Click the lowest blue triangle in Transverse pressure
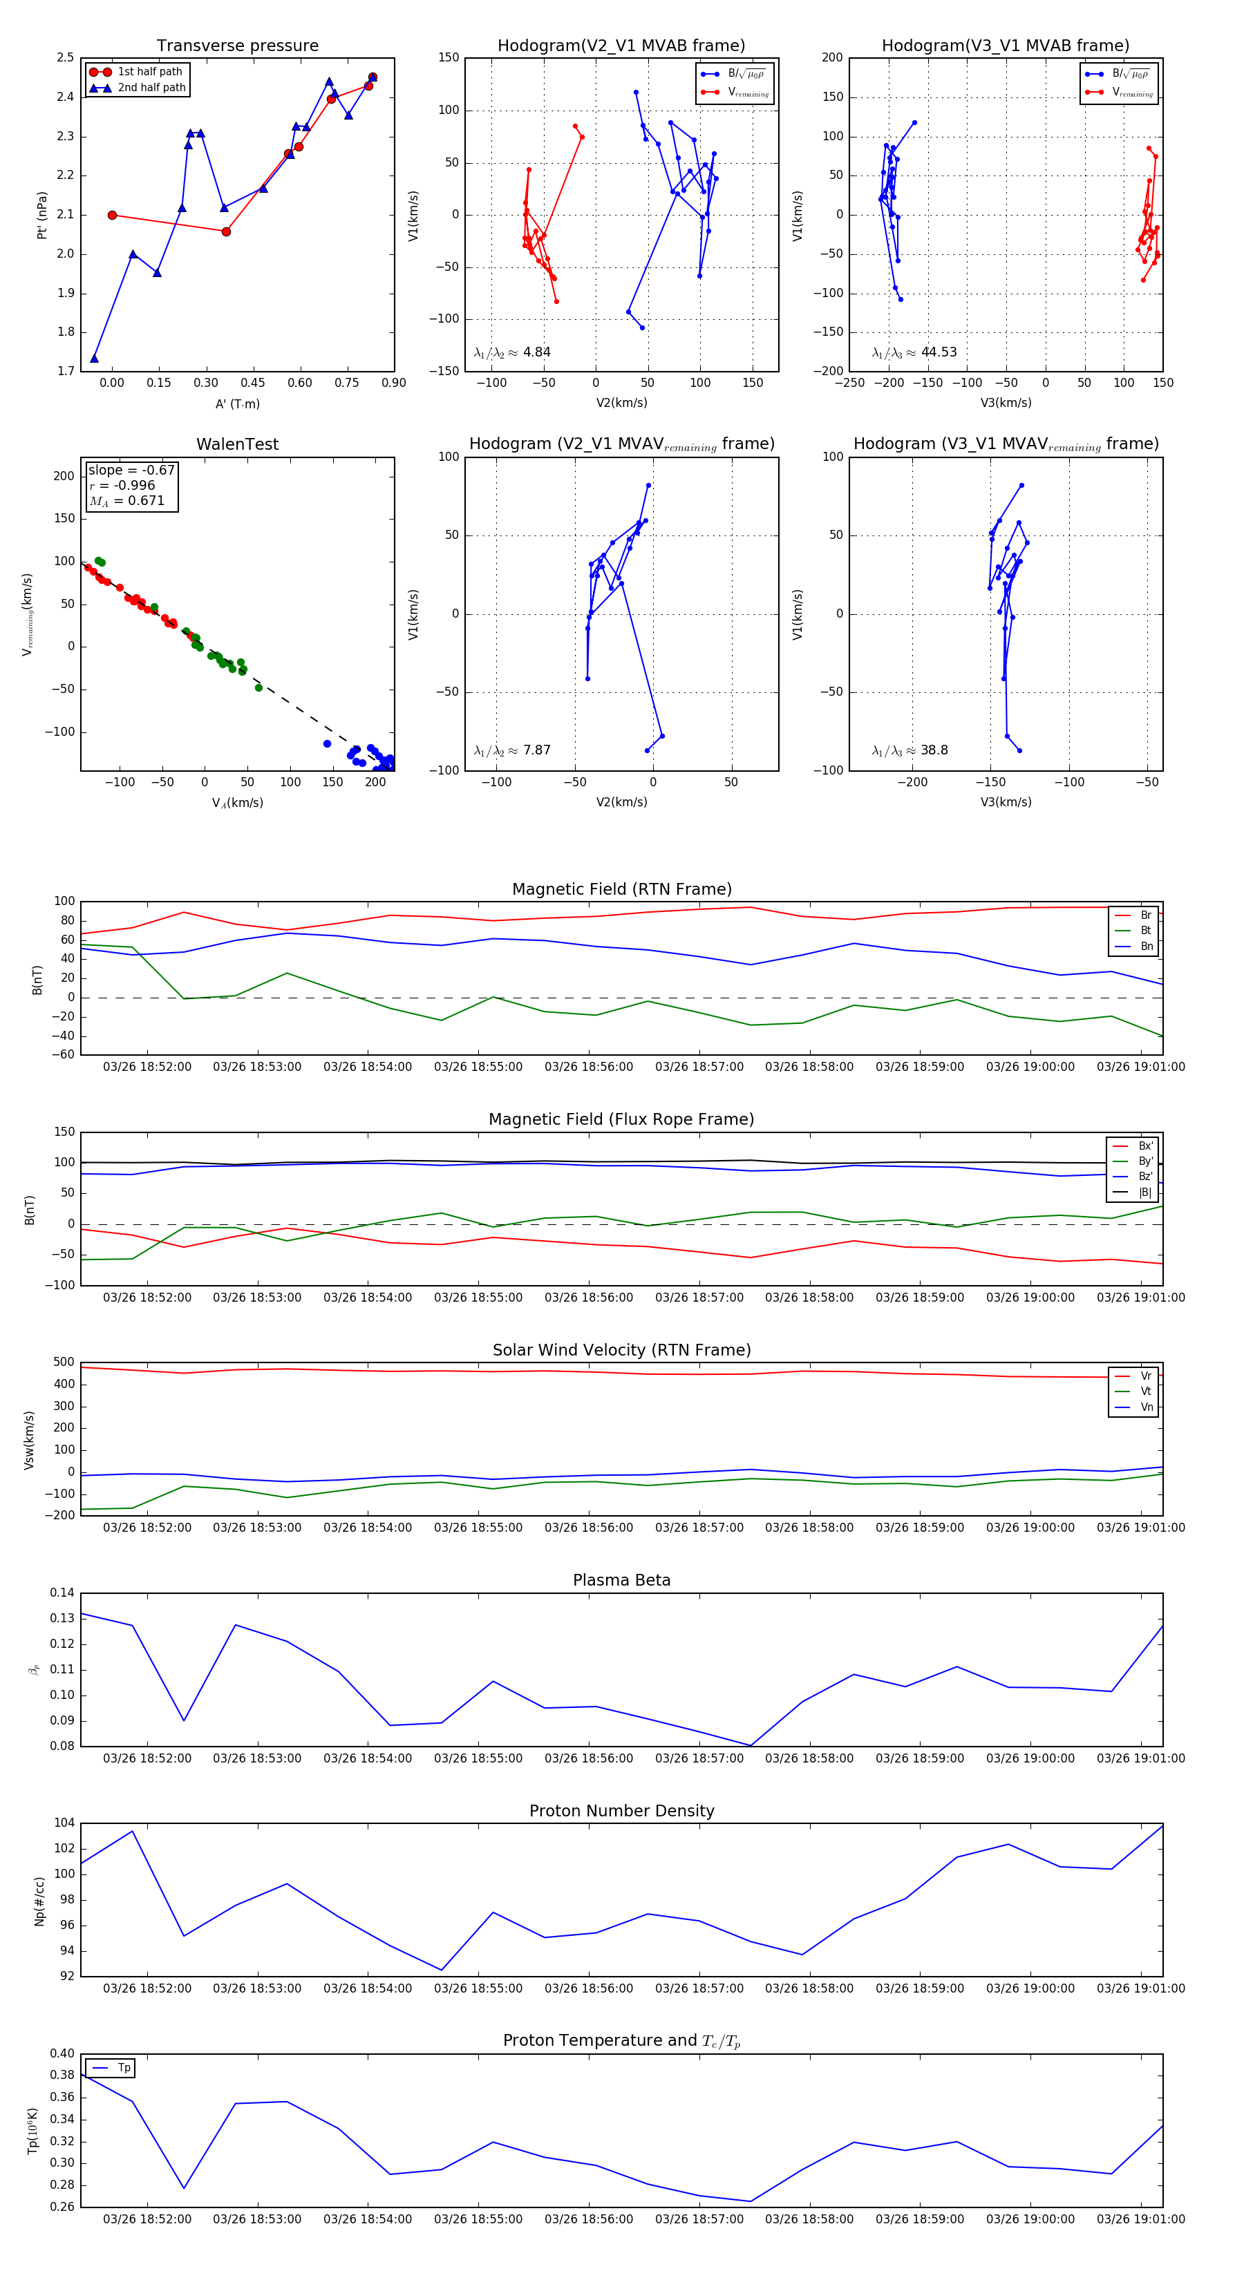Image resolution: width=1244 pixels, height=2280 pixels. coord(95,359)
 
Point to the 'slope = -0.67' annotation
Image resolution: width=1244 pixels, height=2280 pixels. coord(131,470)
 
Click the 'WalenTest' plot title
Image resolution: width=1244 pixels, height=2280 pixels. coord(237,444)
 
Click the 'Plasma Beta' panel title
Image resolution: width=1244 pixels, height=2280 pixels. coord(621,1580)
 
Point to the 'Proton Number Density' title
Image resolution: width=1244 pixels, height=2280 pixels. coord(621,1811)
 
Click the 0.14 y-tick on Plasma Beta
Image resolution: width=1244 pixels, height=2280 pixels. coord(62,1593)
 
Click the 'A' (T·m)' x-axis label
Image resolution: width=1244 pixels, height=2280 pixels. coord(237,404)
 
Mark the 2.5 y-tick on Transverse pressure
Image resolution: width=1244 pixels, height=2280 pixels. coord(65,57)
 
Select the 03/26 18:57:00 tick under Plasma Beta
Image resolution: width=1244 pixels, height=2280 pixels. coord(699,1758)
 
